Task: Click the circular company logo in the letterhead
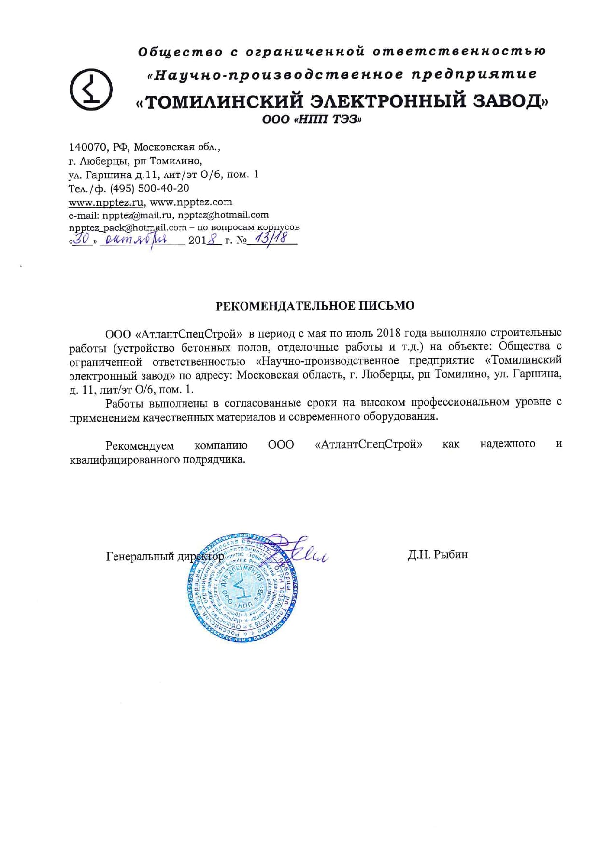pyautogui.click(x=91, y=89)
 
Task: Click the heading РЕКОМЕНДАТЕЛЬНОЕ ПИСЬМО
pyautogui.click(x=314, y=306)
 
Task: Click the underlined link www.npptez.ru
pyautogui.click(x=106, y=202)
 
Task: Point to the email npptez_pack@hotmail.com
pyautogui.click(x=128, y=227)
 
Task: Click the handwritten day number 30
pyautogui.click(x=83, y=239)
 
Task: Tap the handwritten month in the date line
pyautogui.click(x=137, y=239)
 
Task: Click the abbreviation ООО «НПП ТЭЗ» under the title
pyautogui.click(x=312, y=119)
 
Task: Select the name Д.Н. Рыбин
pyautogui.click(x=437, y=555)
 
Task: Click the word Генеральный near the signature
pyautogui.click(x=140, y=556)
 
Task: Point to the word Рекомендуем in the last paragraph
pyautogui.click(x=140, y=445)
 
